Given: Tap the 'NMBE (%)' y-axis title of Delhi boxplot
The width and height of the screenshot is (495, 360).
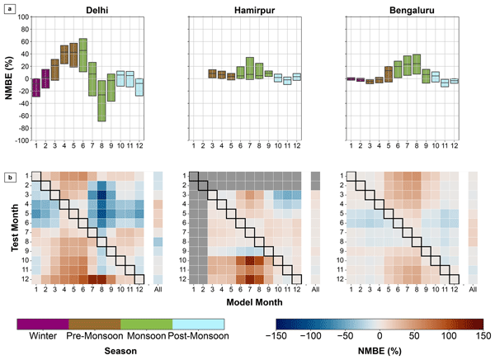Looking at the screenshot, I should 9,78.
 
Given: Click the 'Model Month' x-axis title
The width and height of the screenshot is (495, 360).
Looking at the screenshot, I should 252,303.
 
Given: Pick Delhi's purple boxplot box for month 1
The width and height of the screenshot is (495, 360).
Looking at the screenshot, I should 36,87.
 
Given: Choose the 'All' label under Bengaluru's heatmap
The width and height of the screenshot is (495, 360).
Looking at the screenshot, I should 473,289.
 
